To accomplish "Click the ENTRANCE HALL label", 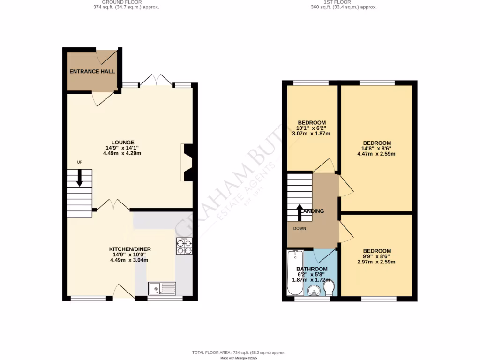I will coord(92,72).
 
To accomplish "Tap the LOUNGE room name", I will coord(123,142).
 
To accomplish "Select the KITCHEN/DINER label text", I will coord(130,249).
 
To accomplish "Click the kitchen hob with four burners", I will coord(184,246).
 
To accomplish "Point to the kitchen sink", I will coord(162,289).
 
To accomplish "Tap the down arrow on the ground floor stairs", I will coord(79,178).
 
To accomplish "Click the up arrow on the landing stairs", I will coord(300,212).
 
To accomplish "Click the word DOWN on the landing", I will coord(300,229).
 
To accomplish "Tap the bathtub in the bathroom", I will coord(295,272).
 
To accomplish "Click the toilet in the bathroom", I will coord(329,288).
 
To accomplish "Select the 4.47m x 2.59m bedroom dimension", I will coord(373,153).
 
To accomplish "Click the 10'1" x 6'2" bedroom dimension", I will coord(311,128).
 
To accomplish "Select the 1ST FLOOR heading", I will coord(344,2).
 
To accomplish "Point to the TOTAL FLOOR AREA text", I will coord(239,352).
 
